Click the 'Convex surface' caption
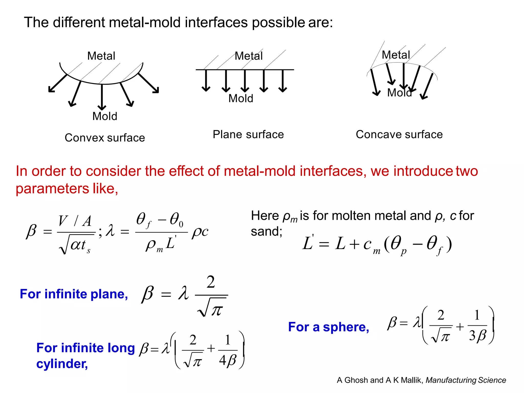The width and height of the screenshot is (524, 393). tap(105, 138)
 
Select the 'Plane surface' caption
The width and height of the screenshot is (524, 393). tap(248, 134)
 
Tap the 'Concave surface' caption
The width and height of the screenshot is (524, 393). tap(399, 134)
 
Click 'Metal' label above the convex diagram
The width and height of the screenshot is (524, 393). tap(101, 56)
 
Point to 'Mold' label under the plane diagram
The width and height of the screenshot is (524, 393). tap(241, 98)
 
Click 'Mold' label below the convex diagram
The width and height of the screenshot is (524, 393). tap(105, 116)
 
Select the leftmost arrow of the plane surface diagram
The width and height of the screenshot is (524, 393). tap(206, 81)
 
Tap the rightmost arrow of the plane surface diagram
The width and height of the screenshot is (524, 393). tap(282, 81)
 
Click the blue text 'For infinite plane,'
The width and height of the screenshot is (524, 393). tap(74, 294)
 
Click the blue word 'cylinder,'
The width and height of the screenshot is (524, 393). tap(62, 364)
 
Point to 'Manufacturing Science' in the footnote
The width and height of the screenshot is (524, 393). tap(466, 380)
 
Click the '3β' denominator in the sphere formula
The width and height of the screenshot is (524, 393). tap(477, 335)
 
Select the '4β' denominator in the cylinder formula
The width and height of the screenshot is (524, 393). tap(227, 360)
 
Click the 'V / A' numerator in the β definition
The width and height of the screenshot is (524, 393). tap(75, 221)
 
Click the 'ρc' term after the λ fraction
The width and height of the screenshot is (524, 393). tap(200, 232)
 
